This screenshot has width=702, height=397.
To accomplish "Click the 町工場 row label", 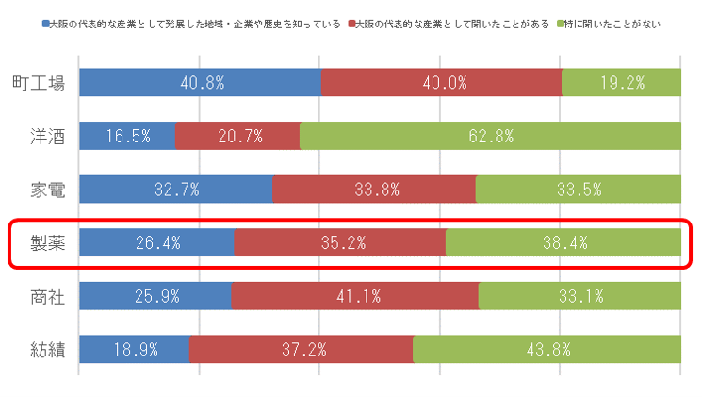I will click(x=39, y=83).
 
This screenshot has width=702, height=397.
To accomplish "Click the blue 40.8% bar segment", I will click(x=200, y=83).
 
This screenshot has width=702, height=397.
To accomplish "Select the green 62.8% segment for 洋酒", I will click(x=490, y=136).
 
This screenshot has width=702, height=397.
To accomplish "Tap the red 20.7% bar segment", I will click(x=237, y=136).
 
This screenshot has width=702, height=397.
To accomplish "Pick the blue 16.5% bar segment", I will click(x=127, y=136).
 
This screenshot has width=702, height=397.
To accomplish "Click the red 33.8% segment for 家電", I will click(x=374, y=190).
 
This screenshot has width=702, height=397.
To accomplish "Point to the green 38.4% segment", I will click(x=563, y=243).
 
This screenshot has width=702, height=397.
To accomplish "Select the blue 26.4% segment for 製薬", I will click(x=156, y=243).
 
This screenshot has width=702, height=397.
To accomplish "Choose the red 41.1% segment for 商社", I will click(x=354, y=296).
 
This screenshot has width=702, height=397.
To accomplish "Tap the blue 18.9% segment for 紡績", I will click(x=134, y=350).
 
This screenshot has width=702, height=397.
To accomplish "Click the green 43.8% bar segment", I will click(x=547, y=350).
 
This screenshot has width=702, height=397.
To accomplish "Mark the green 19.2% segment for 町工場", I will click(x=621, y=83).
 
